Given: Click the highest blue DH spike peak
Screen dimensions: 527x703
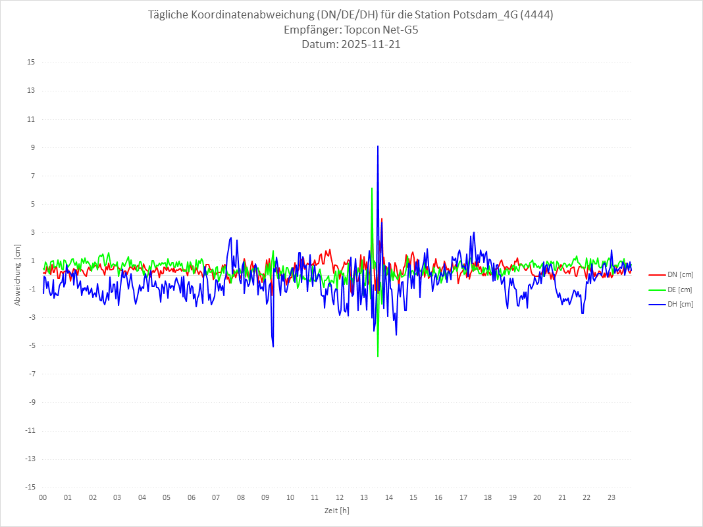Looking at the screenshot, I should point(378,147).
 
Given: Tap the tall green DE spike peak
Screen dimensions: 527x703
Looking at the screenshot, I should point(372,189).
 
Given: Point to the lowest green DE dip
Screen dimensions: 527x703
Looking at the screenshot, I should point(378,356).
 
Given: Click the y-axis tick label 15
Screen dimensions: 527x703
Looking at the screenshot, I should point(31,63).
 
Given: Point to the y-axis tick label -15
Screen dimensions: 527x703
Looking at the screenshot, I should point(30,487).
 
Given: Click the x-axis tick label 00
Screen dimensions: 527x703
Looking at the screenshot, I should point(43,497).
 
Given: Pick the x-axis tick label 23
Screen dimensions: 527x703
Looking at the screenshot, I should point(611,497).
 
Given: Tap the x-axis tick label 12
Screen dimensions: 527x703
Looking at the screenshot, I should point(339,497).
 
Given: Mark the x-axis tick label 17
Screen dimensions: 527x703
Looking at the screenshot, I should point(463,497).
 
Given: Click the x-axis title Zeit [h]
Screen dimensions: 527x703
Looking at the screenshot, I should point(336,510).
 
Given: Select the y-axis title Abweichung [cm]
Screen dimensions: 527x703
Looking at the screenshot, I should point(18,274).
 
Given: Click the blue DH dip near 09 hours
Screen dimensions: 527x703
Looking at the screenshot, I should point(273,346).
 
